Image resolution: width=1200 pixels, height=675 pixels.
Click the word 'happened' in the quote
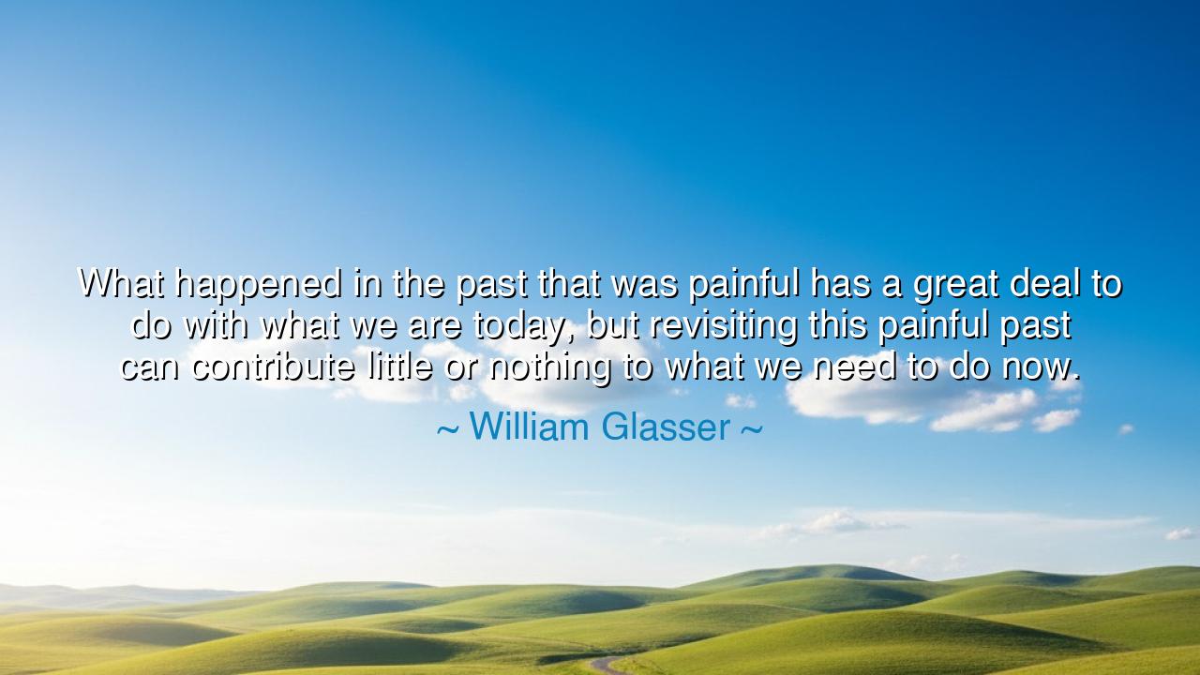click(x=258, y=284)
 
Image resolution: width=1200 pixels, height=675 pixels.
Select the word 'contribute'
click(x=273, y=367)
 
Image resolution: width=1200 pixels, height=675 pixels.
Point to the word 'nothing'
click(x=550, y=368)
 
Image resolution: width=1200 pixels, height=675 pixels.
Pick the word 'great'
click(x=955, y=284)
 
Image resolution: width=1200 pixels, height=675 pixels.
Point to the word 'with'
click(x=216, y=324)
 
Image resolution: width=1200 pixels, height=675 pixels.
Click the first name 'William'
click(x=530, y=427)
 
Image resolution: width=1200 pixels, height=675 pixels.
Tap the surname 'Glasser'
click(x=666, y=427)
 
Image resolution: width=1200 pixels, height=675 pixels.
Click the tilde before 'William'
click(x=448, y=429)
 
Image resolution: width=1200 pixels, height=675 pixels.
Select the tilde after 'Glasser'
click(x=752, y=429)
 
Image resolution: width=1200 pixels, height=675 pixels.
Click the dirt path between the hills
click(x=607, y=665)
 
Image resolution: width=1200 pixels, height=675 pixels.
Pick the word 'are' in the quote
click(x=434, y=327)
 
